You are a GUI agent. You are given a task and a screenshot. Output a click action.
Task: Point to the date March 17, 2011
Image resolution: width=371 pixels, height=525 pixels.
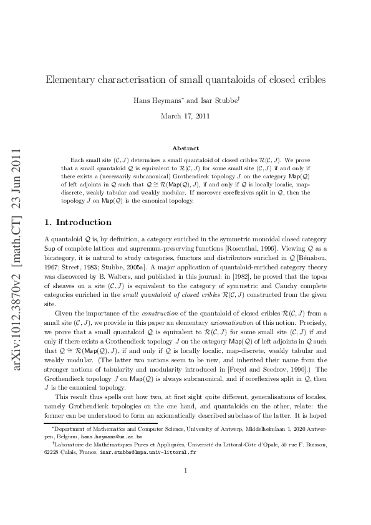point(185,116)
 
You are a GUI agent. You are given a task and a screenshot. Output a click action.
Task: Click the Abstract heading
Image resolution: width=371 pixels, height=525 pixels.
point(185,148)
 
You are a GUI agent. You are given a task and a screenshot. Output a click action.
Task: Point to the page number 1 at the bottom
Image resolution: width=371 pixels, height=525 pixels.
point(186,488)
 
